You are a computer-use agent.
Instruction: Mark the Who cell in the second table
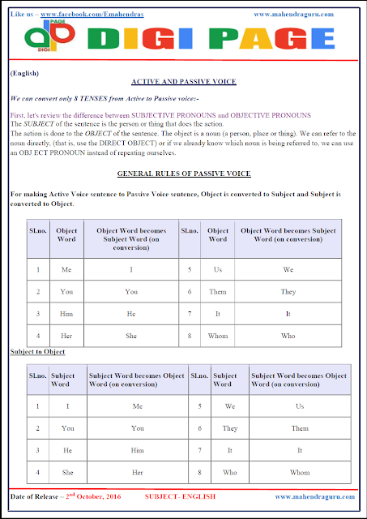tap(229, 471)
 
